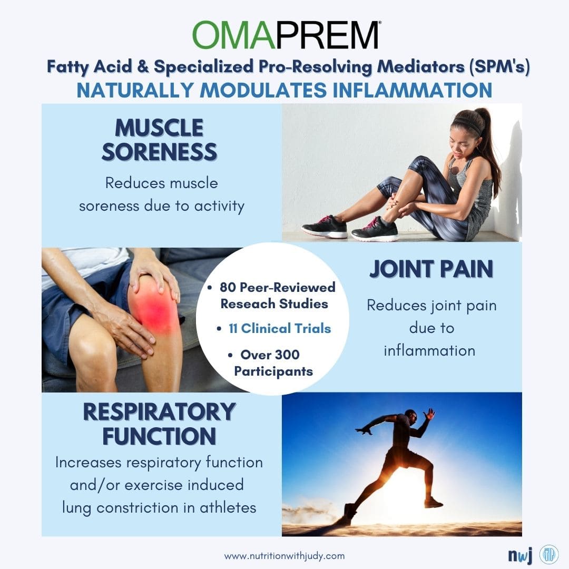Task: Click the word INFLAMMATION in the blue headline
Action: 412,91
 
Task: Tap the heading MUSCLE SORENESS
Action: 159,139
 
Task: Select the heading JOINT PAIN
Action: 431,269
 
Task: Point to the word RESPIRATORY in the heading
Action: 159,412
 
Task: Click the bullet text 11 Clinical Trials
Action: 280,328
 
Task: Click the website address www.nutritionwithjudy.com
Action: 284,556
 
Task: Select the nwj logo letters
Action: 520,556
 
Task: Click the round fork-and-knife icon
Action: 549,554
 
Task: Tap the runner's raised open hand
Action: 430,414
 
